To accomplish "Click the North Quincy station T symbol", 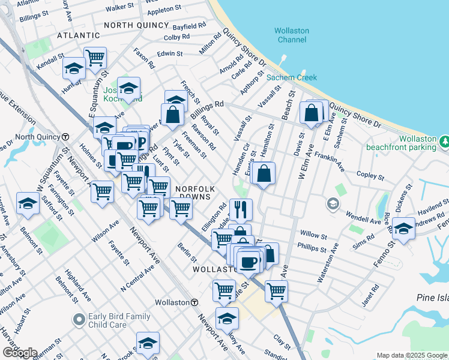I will coord(65,137).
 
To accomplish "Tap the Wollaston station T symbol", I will coord(194,302).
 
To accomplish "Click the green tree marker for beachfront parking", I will coord(445,142).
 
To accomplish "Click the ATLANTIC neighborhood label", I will coord(77,36).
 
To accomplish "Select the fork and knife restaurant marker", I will coord(240,209).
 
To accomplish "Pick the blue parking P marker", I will coord(141,142).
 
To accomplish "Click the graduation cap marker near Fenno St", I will coord(404,228).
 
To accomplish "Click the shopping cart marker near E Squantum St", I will coord(95,58).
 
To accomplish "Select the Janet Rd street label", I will coord(371,295).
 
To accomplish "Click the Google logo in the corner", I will coord(19,353).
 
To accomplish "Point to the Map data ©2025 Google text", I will coord(411,355).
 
